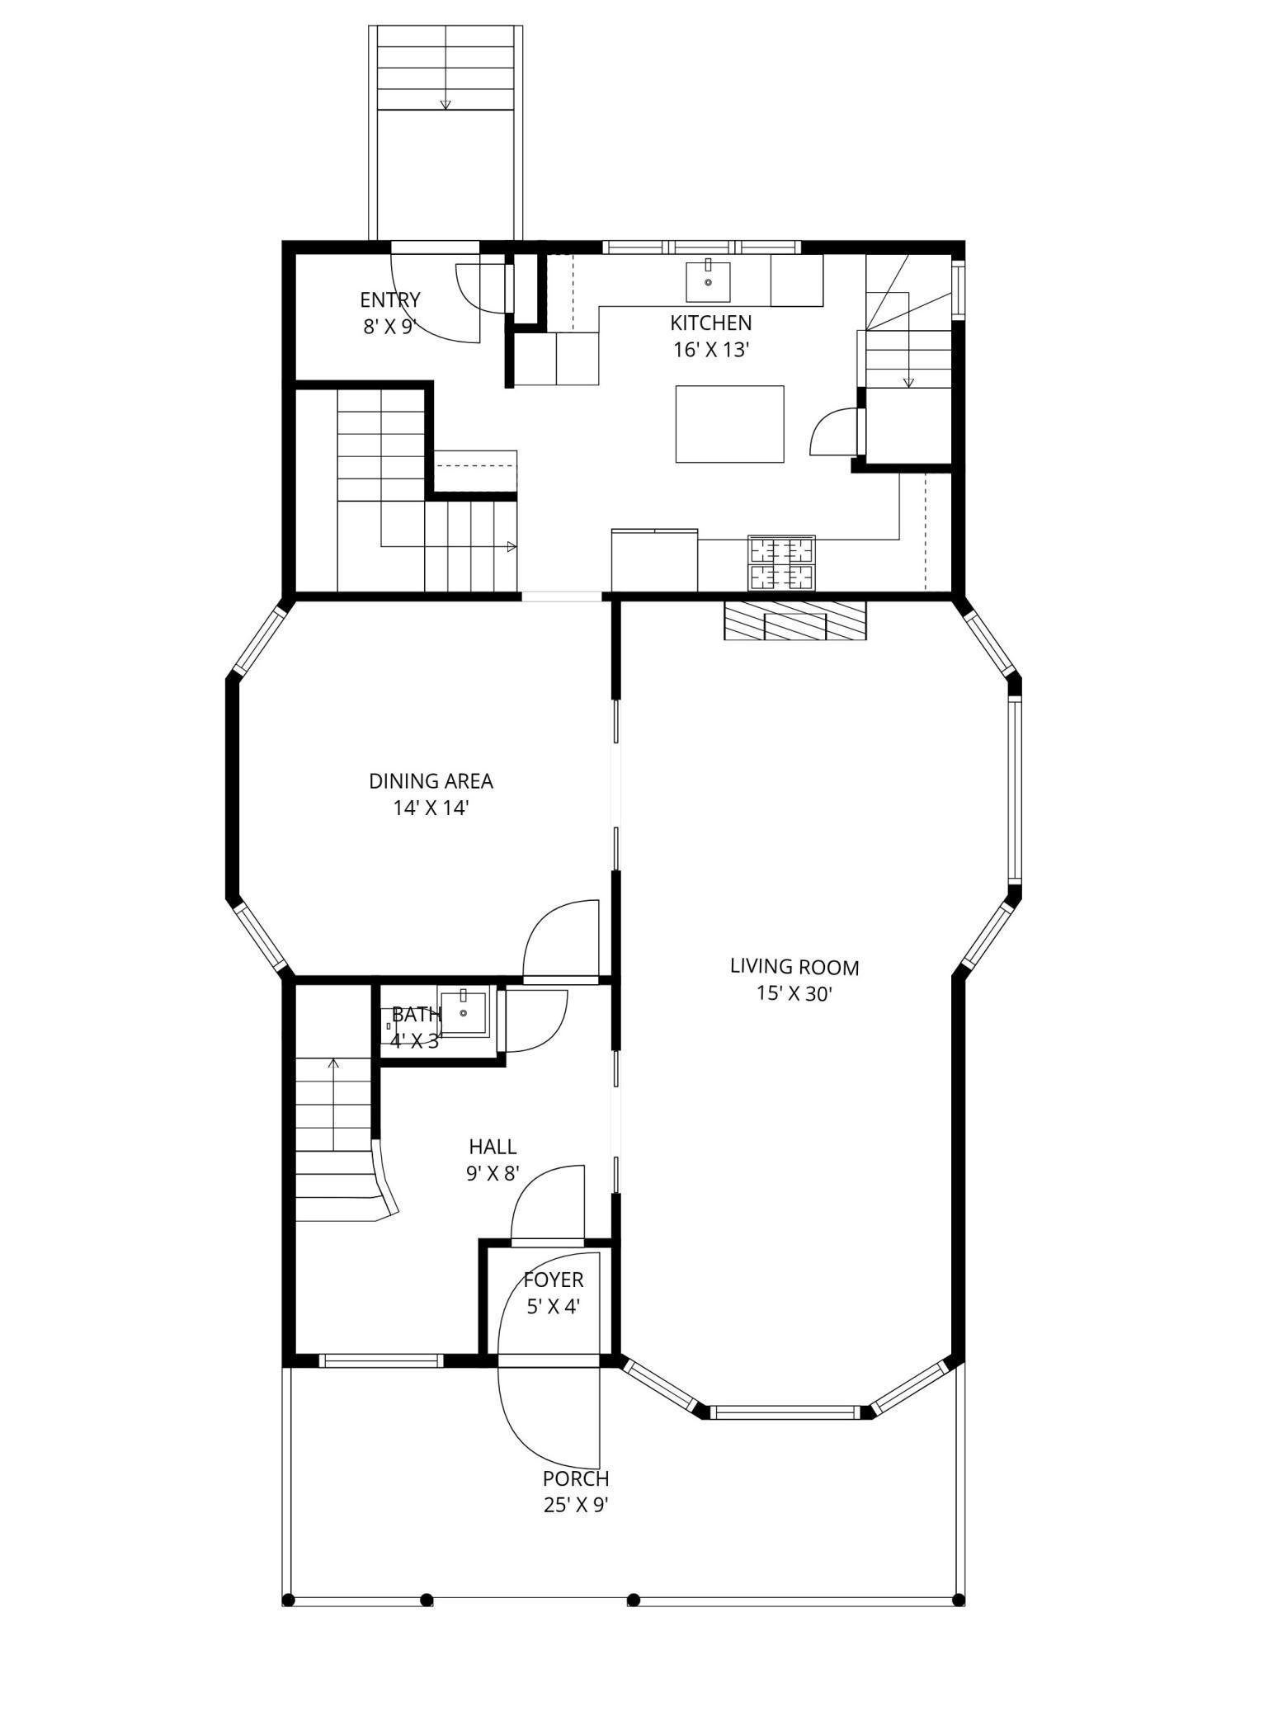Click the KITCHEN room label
(x=710, y=323)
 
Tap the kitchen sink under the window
(x=708, y=282)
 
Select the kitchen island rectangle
(x=729, y=423)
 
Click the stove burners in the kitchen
(x=781, y=563)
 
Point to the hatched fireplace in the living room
(x=795, y=620)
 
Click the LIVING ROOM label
(x=794, y=966)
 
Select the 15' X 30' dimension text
(x=794, y=993)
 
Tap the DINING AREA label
(x=431, y=780)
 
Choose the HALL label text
(x=493, y=1146)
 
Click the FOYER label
(x=553, y=1280)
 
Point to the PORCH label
(x=575, y=1478)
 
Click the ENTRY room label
(x=389, y=299)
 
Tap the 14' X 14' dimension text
(x=431, y=808)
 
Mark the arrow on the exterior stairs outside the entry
(x=445, y=104)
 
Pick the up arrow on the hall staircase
(x=333, y=1064)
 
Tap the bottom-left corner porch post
(x=288, y=1600)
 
